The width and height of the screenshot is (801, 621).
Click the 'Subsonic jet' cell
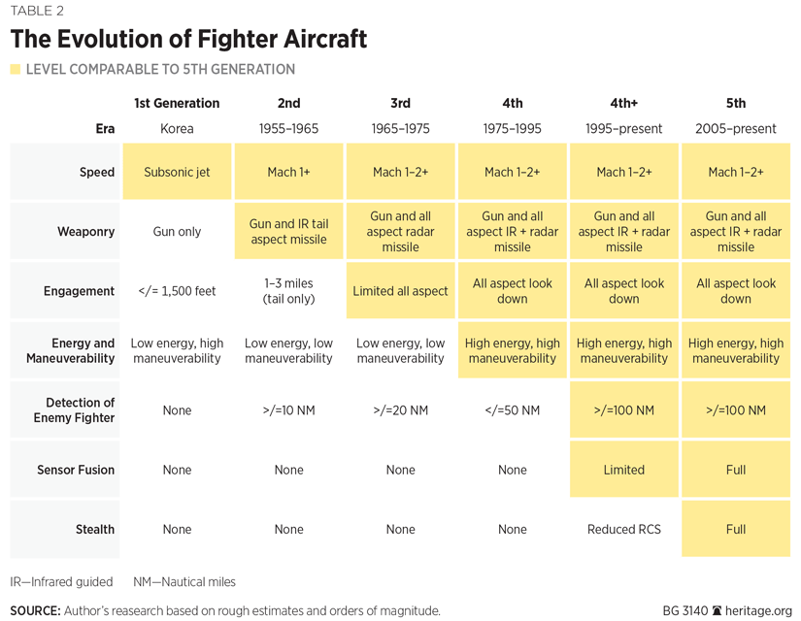coord(177,172)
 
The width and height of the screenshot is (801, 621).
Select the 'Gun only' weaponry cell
coord(177,232)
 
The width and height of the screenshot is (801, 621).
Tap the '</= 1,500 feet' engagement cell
coord(177,291)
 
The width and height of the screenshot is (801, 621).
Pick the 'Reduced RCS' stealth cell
coord(623,530)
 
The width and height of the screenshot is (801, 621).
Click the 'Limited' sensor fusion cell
coord(623,470)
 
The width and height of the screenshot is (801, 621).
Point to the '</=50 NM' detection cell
coord(512,410)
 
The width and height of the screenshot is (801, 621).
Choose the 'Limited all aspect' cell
coord(400,291)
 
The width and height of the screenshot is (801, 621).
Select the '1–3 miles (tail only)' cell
coord(288,291)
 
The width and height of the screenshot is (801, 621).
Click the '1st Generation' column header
coord(177,103)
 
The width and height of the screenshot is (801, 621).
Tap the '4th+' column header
coord(623,103)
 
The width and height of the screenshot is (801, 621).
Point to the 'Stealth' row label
coord(95,530)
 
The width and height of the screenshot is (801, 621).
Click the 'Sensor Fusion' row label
coord(76,470)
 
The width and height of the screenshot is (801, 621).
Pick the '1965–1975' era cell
coord(400,129)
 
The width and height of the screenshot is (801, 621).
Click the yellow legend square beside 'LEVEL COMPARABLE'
coord(15,70)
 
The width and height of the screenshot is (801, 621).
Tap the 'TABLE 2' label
coord(38,12)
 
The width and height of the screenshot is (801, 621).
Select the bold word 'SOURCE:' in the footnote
coord(35,611)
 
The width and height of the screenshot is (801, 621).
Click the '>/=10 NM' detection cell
coord(288,410)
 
